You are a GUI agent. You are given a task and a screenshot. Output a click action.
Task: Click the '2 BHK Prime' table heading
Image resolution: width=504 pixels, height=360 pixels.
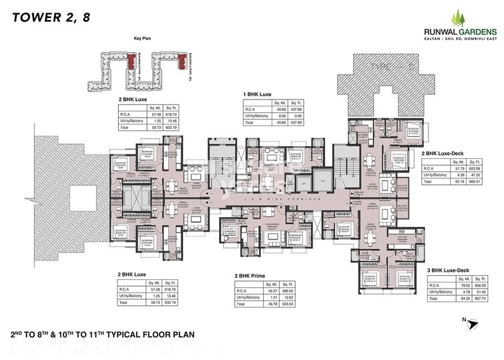(x=251, y=275)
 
